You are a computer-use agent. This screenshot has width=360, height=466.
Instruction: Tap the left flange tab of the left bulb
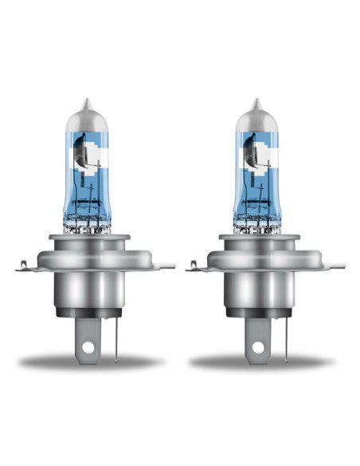pos(25,267)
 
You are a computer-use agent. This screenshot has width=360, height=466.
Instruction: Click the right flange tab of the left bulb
pos(166,267)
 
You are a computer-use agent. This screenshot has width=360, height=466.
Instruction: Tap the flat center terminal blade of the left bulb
pos(90,339)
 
